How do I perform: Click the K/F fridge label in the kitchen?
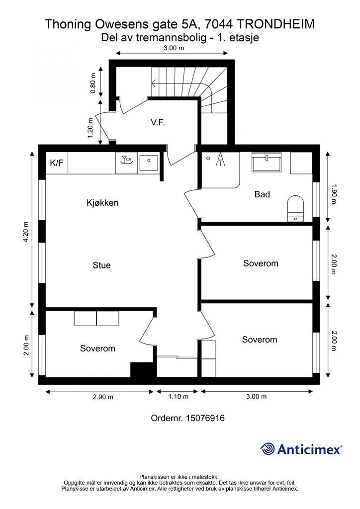coord(56,164)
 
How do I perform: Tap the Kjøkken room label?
coord(102,203)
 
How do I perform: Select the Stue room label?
coord(101,265)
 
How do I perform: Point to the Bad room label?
coord(262,194)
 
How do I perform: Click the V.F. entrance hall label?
coord(158,122)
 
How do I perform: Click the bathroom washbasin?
coord(267,162)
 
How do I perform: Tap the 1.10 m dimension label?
coord(178,397)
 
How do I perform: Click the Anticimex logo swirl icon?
coord(268,449)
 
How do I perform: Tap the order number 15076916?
coord(205,418)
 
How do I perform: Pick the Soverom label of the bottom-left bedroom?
coord(97,348)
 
